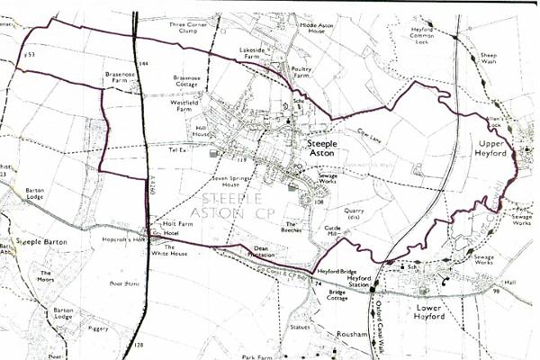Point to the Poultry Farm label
pos(306,71)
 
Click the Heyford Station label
pos(359,283)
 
